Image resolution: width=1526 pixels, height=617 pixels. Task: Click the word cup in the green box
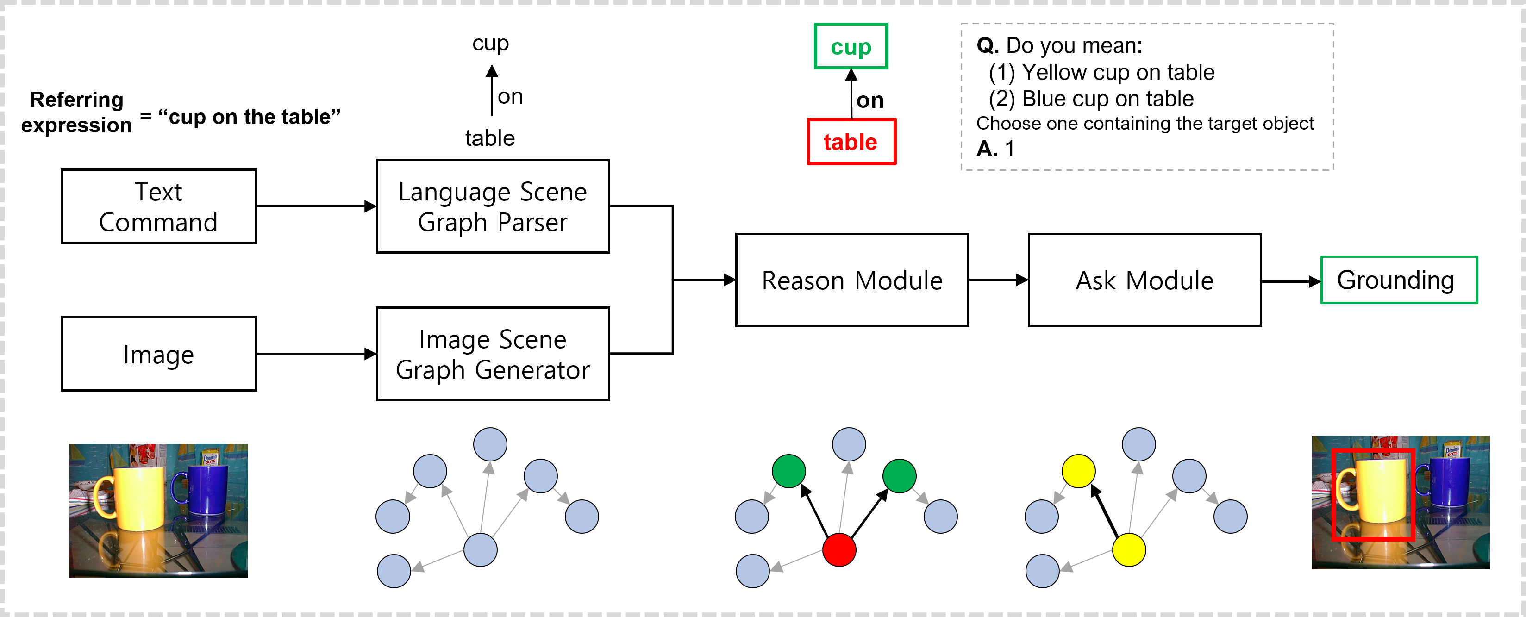tap(851, 47)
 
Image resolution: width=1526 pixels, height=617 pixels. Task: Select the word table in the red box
tap(851, 142)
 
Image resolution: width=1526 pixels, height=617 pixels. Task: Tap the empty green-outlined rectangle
tap(1399, 280)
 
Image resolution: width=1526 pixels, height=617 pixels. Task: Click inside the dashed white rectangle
tap(1147, 97)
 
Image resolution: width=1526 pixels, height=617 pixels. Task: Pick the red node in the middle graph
tap(839, 549)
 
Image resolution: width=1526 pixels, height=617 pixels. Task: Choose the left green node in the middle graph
tap(788, 471)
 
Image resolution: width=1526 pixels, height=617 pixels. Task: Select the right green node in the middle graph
tap(899, 476)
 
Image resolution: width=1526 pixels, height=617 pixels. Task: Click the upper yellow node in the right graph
tap(1078, 471)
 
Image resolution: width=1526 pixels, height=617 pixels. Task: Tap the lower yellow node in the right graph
tap(1128, 549)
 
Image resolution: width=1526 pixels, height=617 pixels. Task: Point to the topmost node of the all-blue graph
tap(490, 444)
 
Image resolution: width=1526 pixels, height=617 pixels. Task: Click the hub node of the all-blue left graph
tap(480, 549)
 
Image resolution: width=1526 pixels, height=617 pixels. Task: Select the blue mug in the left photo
tap(207, 490)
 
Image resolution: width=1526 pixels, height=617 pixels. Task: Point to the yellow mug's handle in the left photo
tap(103, 498)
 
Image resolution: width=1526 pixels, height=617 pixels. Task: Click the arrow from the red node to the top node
tap(844, 498)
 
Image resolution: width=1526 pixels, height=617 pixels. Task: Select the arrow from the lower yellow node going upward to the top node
tap(1134, 498)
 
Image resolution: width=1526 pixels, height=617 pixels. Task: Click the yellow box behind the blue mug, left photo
tap(210, 458)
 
